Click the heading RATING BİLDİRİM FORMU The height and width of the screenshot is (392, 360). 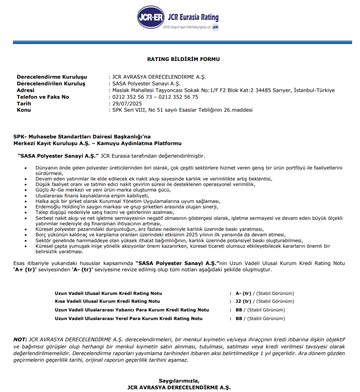[x=183, y=59]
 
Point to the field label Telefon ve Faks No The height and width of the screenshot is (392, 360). [x=43, y=97]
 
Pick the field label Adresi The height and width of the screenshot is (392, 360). [x=26, y=90]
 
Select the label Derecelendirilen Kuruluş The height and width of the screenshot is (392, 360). [x=51, y=83]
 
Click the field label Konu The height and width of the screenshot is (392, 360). [x=24, y=110]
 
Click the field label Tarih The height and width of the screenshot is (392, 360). [x=24, y=103]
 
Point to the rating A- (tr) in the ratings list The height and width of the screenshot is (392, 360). [x=243, y=293]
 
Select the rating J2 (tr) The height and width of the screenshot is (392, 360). [x=243, y=302]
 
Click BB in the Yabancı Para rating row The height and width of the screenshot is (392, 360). [x=239, y=310]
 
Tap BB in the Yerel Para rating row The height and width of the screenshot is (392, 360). [x=239, y=318]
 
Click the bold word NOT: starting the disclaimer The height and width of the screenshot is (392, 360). [x=20, y=339]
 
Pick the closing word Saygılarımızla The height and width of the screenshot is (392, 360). [x=179, y=381]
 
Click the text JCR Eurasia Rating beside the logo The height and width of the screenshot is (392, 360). [x=193, y=18]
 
